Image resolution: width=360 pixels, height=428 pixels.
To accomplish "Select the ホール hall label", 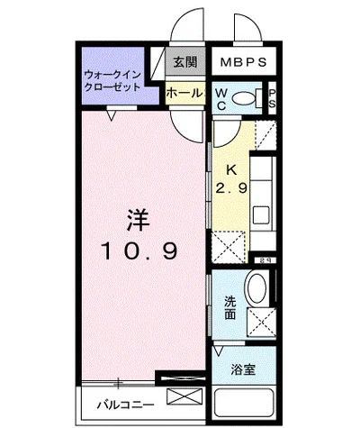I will pyautogui.click(x=184, y=92).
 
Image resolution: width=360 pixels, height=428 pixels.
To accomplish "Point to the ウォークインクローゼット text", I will pyautogui.click(x=112, y=81).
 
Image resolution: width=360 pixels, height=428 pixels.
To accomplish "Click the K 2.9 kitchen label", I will pyautogui.click(x=230, y=179).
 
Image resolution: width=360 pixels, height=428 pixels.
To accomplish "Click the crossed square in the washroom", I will pyautogui.click(x=262, y=320).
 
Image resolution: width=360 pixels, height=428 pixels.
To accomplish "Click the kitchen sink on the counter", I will pyautogui.click(x=264, y=215).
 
